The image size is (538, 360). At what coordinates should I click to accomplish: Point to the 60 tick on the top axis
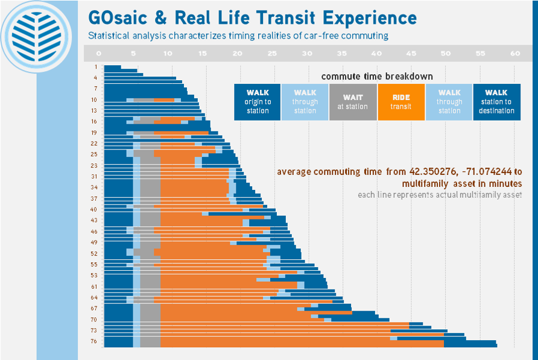514,54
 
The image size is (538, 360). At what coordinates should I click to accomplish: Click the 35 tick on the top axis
341,54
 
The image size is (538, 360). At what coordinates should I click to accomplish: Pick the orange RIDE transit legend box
400,102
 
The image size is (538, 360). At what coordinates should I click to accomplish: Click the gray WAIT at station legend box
353,102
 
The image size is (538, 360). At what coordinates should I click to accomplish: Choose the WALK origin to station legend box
258,102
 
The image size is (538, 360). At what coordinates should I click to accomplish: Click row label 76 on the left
94,341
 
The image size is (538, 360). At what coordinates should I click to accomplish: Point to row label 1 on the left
95,67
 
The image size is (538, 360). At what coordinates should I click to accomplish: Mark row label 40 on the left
94,209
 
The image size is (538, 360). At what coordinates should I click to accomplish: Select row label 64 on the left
94,297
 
